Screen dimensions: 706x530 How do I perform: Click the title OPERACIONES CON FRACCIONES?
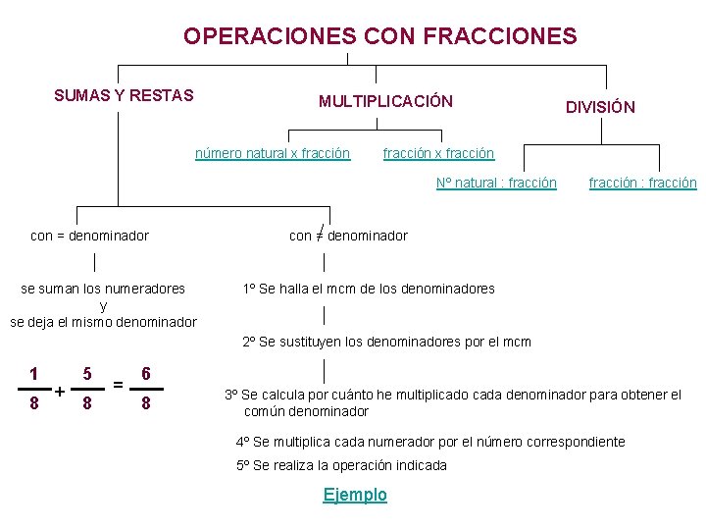pos(379,36)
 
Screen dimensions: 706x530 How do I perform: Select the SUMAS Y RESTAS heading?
pos(124,95)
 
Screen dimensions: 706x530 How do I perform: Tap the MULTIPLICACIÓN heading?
pos(385,101)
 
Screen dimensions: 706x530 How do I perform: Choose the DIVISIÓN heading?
pos(600,107)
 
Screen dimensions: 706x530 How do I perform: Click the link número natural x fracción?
pos(273,153)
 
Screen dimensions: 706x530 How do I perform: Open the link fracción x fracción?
pos(438,153)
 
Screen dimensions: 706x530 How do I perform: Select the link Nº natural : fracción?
pos(496,183)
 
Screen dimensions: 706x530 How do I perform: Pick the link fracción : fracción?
pos(642,183)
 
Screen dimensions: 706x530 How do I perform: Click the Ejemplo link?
pos(355,495)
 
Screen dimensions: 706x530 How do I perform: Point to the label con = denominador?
pos(90,236)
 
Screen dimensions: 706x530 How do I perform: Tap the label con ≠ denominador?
pos(348,236)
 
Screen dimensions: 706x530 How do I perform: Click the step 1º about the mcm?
pos(369,289)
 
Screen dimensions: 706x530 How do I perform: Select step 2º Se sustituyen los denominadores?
pos(386,342)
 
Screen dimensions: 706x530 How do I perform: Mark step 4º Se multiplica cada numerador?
pos(430,442)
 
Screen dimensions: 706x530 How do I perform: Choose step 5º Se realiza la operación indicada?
pos(341,465)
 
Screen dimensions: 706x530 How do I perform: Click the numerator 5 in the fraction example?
pos(88,374)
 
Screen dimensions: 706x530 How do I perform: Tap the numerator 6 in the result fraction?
pos(146,374)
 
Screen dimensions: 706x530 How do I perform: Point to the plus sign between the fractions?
pos(61,392)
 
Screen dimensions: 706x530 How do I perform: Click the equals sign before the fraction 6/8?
pos(118,384)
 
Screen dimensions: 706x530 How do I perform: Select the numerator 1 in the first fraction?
pos(34,374)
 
